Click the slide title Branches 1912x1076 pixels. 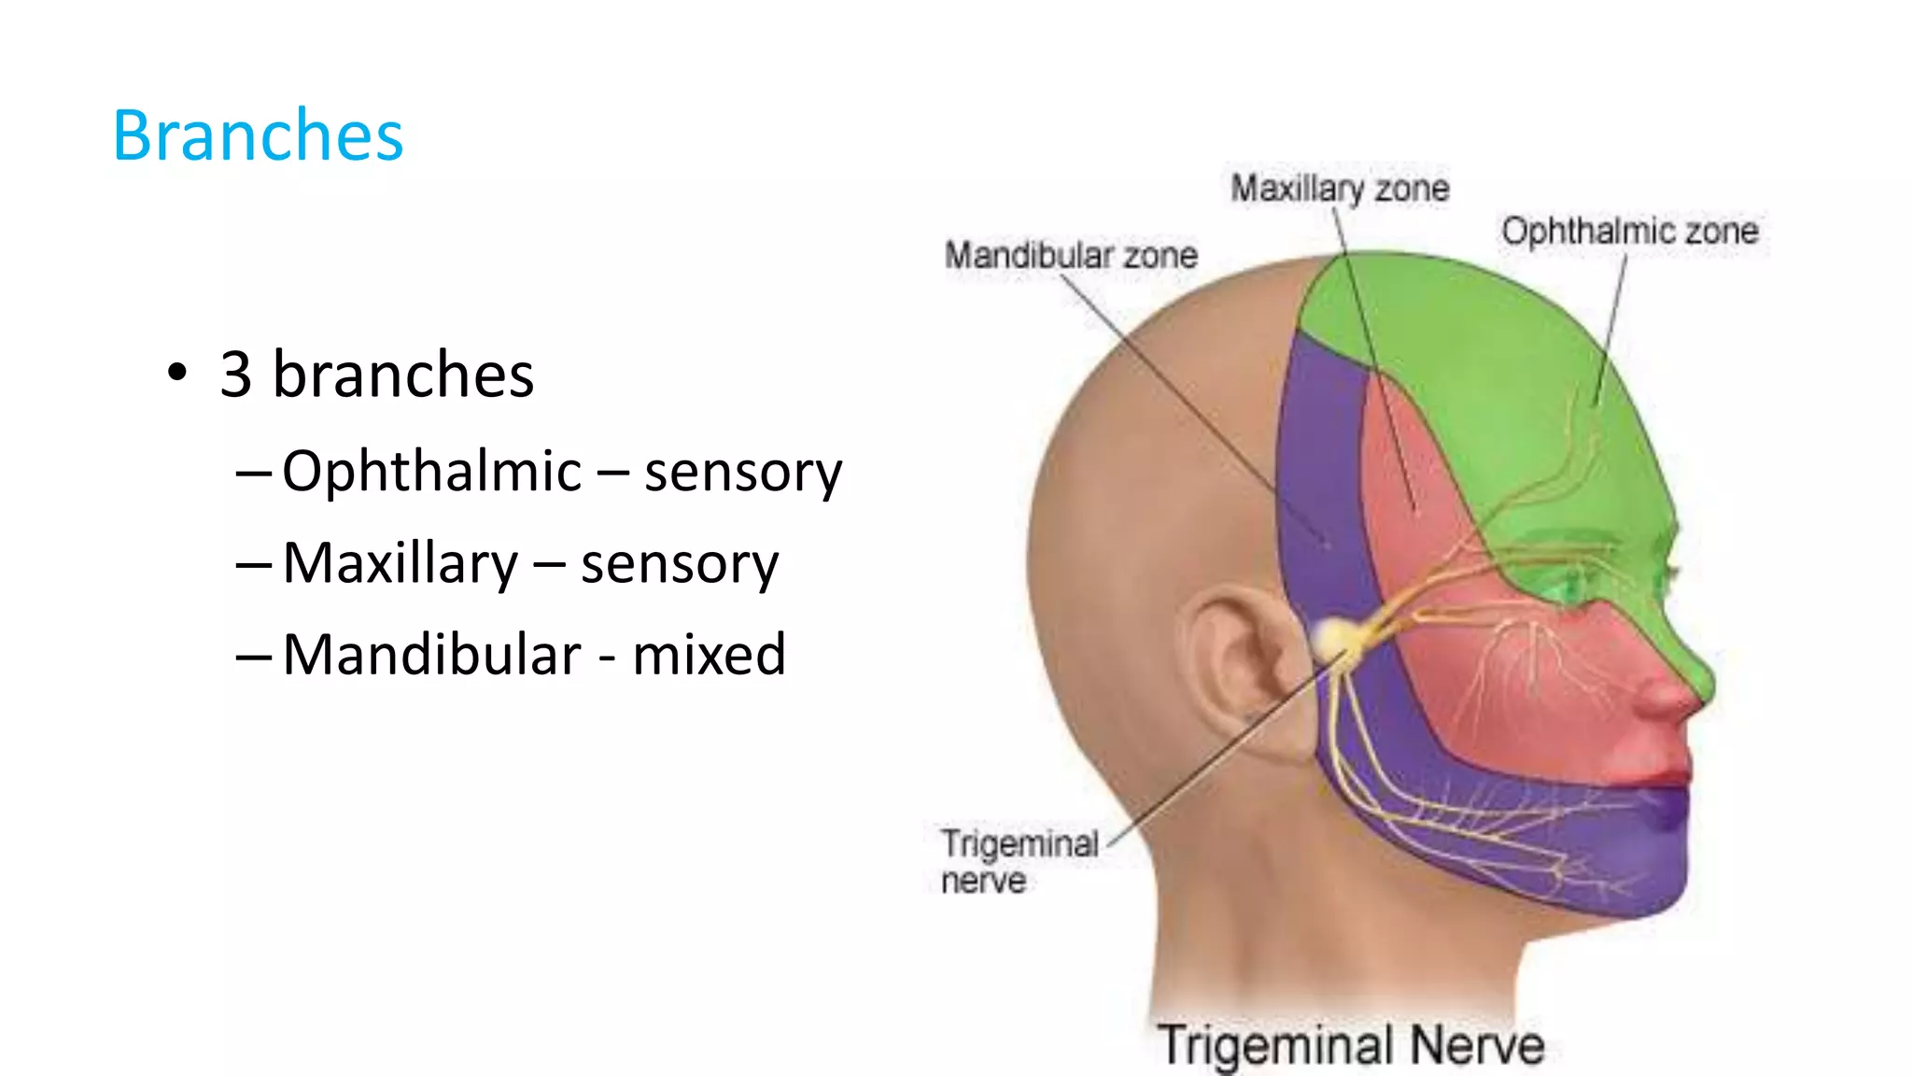pos(258,136)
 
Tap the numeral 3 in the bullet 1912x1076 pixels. pos(236,375)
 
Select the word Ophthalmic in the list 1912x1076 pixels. pos(431,471)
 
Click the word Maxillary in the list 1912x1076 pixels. pos(400,563)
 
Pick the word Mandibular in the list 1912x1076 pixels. pos(431,654)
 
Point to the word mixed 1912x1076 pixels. pos(709,654)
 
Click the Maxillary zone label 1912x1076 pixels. pos(1340,189)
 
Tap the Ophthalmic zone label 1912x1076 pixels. pos(1629,231)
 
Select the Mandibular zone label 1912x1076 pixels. pos(1071,255)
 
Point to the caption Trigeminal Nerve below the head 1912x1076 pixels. pos(1351,1044)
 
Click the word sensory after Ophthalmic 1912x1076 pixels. pos(743,471)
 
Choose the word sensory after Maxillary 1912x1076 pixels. pos(679,563)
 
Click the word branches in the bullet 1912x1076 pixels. pos(402,375)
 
